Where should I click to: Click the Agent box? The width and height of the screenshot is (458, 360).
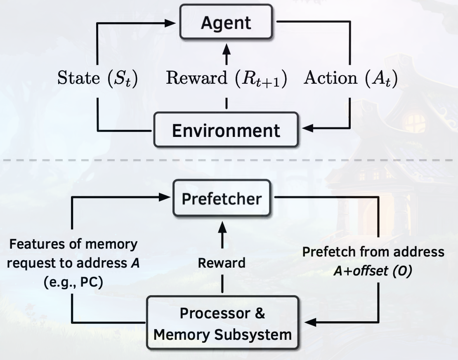[226, 22]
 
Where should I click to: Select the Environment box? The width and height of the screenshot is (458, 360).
[226, 130]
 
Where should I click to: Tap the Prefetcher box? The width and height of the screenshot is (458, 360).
[222, 198]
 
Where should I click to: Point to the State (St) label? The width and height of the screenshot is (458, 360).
[97, 78]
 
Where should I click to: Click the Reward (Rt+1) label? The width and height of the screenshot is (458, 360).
[226, 78]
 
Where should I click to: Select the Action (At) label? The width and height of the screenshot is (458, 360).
[350, 78]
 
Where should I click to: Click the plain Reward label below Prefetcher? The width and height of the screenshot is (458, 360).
[222, 263]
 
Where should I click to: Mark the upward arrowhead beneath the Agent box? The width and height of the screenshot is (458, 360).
[226, 48]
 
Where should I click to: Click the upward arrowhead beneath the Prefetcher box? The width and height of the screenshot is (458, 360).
[222, 226]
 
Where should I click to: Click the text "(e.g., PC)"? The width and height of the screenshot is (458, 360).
[73, 283]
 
